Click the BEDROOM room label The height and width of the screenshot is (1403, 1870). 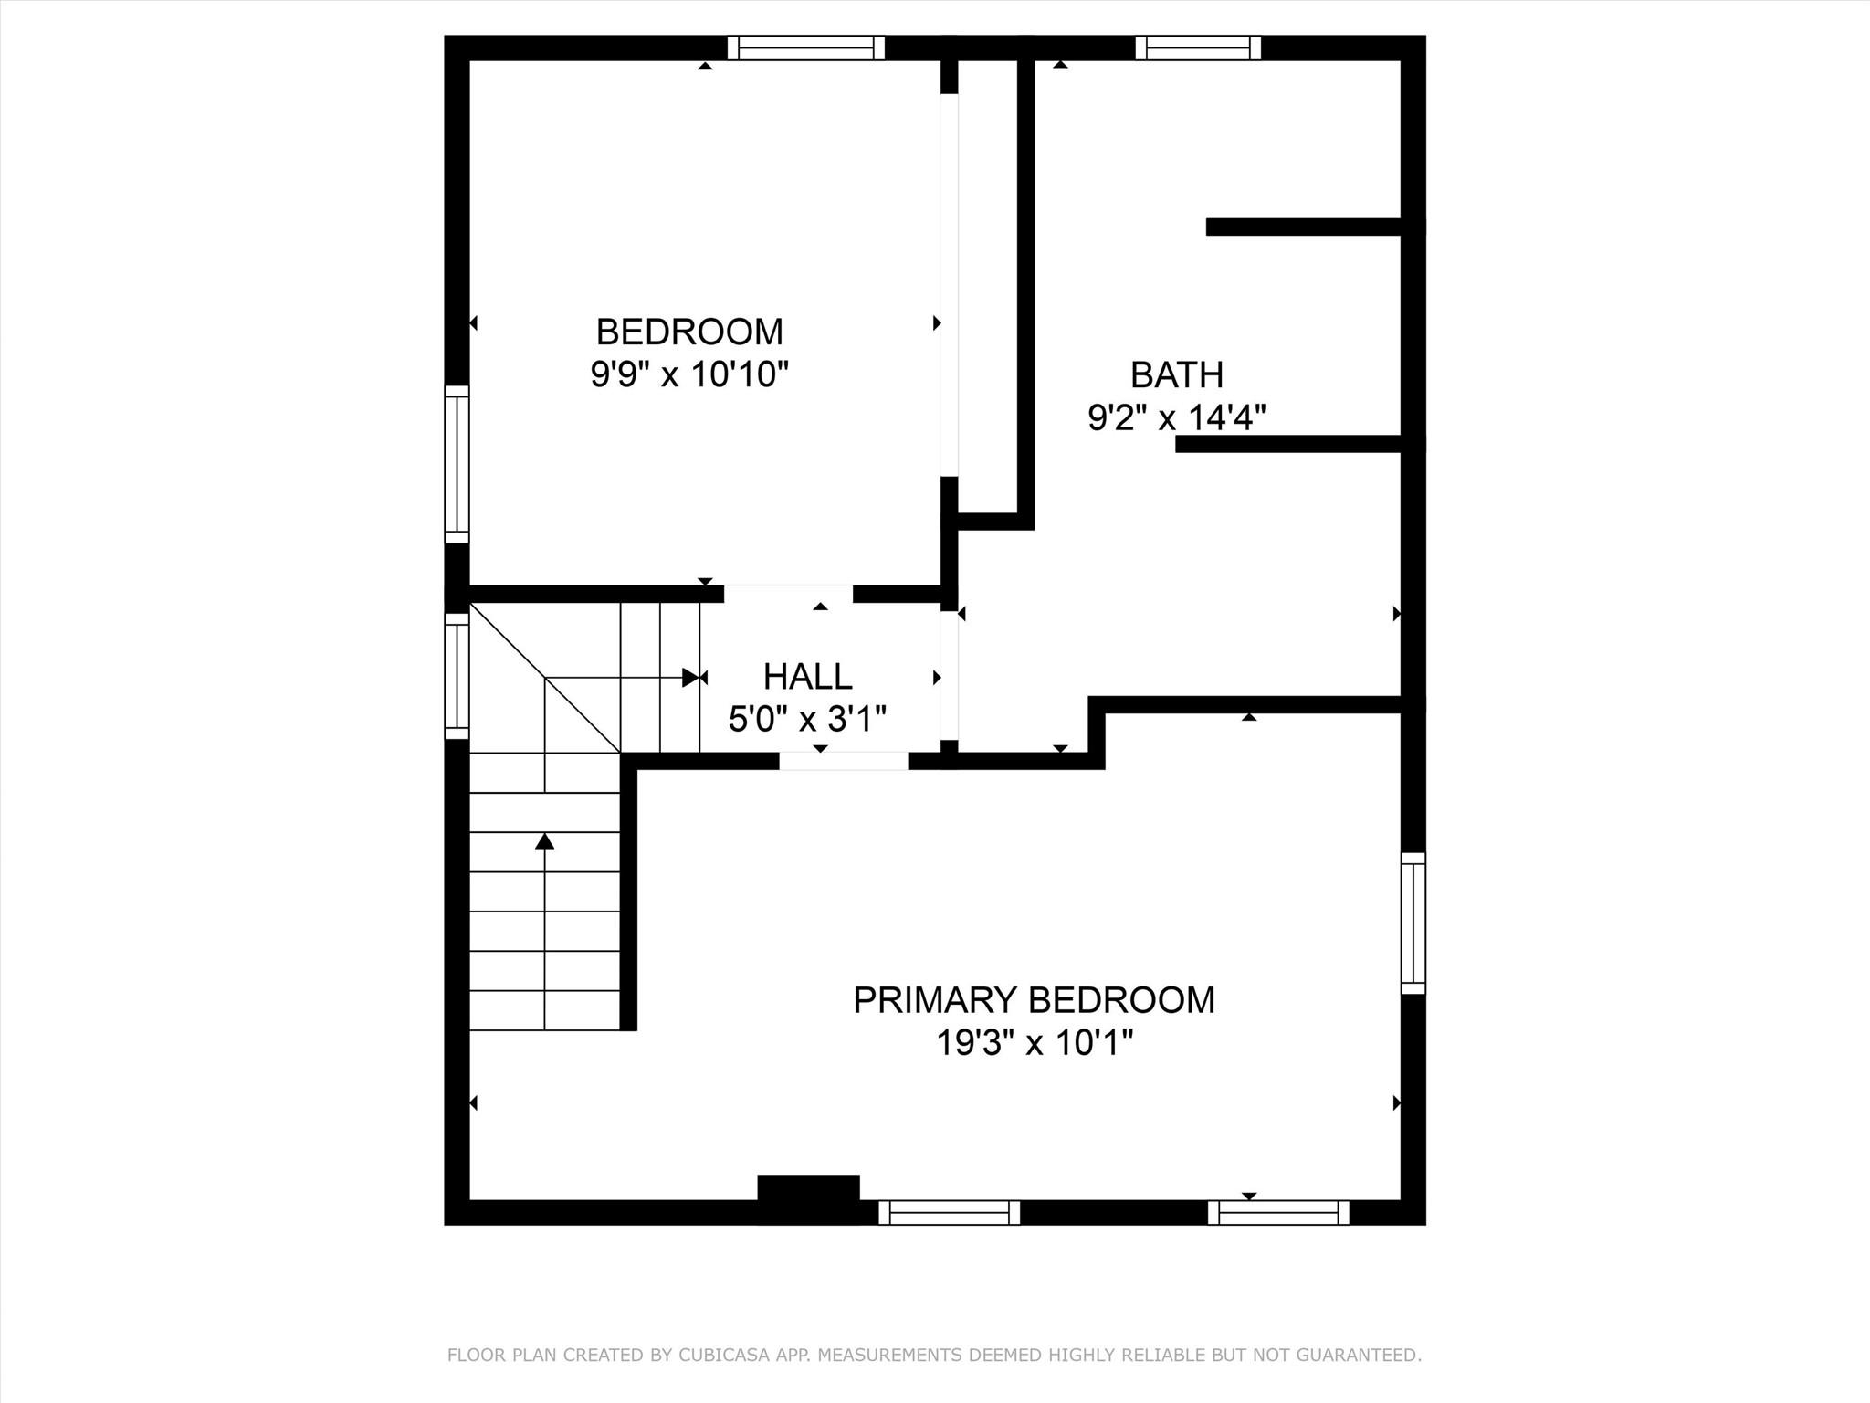pos(689,332)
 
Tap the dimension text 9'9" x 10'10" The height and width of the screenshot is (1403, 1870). pos(689,374)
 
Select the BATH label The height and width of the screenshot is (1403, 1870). pos(1176,374)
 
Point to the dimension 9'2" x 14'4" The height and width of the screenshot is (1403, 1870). pos(1176,418)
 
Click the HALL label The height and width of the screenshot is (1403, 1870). pos(807,677)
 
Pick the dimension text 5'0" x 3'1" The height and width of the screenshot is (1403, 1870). pos(807,719)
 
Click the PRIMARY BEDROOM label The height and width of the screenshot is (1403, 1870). pos(1034,1000)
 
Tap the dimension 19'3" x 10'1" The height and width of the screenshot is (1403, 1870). pos(1034,1042)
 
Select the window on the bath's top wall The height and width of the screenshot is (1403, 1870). pos(1198,47)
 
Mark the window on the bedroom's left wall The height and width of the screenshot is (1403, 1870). pos(457,464)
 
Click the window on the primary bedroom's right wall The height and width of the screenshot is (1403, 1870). pos(1413,923)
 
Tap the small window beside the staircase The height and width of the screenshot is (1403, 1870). pos(457,676)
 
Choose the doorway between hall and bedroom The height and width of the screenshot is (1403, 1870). pos(788,595)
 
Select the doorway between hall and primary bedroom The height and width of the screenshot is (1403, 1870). pos(843,761)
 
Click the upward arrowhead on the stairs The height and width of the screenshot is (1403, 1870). pos(544,841)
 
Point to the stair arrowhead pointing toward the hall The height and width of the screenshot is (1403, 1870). pos(691,678)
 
